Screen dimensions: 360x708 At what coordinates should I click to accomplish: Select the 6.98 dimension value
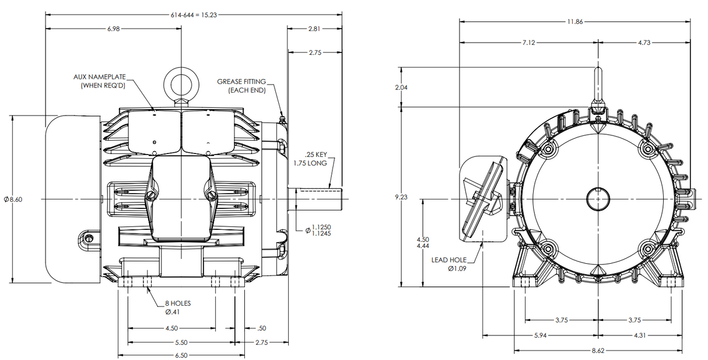[114, 29]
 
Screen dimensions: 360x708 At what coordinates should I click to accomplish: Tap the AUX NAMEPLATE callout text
[99, 81]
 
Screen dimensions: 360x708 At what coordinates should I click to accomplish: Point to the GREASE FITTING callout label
[241, 86]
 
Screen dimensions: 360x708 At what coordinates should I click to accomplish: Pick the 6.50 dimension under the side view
[181, 355]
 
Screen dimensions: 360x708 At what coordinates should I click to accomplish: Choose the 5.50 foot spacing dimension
[181, 342]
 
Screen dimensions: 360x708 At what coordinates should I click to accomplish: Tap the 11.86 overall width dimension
[574, 22]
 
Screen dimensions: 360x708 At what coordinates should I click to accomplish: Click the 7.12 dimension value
[528, 43]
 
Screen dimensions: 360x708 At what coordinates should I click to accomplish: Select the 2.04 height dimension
[401, 87]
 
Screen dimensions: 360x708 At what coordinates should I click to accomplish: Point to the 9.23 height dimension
[401, 197]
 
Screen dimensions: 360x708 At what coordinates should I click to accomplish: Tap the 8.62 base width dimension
[598, 351]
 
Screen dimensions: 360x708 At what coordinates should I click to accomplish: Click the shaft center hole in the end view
[597, 198]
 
